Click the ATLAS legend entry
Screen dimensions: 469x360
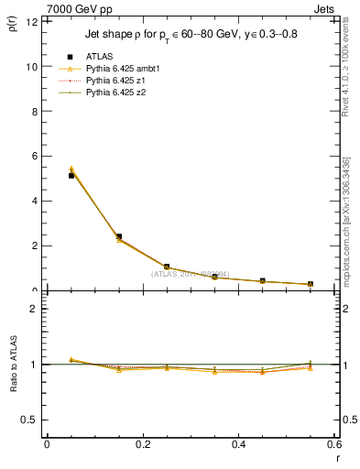pyautogui.click(x=94, y=57)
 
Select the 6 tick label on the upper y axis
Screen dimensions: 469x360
pyautogui.click(x=33, y=156)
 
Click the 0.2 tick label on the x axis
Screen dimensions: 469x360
pyautogui.click(x=142, y=444)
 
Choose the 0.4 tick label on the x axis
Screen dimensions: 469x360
pyautogui.click(x=238, y=444)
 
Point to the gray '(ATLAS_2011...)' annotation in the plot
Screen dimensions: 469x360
pyautogui.click(x=191, y=273)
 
